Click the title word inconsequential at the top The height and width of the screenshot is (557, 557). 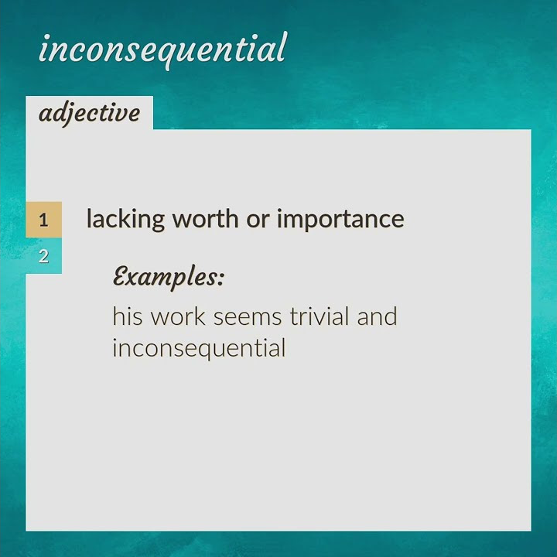click(x=162, y=49)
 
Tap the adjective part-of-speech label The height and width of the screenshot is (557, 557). click(x=89, y=113)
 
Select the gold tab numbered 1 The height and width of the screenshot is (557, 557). click(x=43, y=220)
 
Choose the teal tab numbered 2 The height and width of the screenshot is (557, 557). click(x=43, y=256)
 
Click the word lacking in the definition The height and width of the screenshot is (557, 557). click(x=125, y=219)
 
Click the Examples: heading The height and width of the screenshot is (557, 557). click(x=168, y=276)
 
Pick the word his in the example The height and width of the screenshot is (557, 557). click(x=128, y=316)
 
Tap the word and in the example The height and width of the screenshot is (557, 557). click(x=377, y=316)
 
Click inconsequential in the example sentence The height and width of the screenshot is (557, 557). click(x=199, y=347)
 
